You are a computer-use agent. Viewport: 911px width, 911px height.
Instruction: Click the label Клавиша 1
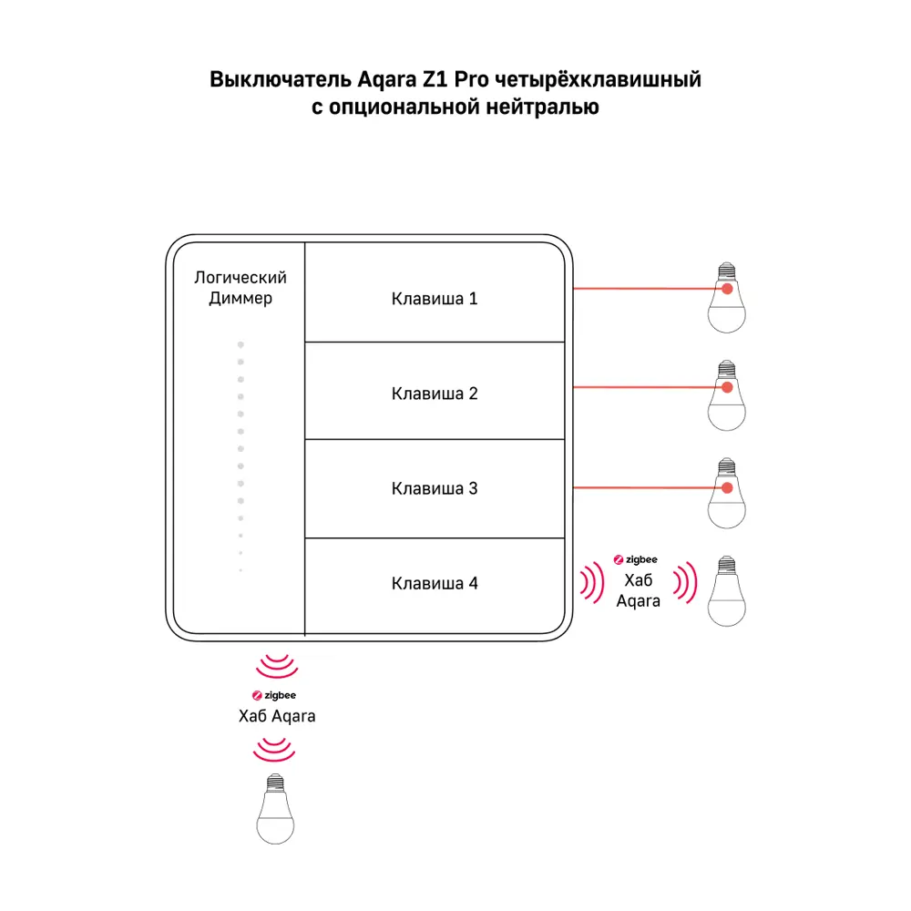click(434, 299)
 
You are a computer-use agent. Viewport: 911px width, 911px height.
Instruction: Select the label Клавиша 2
click(434, 394)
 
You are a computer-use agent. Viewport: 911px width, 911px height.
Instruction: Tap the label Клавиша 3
click(434, 488)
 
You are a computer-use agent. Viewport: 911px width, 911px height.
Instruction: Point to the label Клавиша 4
click(434, 583)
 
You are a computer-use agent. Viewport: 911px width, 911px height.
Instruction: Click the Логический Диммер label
click(241, 288)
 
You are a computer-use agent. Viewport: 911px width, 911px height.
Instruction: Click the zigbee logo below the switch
click(276, 696)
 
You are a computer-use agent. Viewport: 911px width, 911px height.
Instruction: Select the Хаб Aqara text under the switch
click(276, 716)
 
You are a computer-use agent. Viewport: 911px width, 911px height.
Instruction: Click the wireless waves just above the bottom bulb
click(274, 751)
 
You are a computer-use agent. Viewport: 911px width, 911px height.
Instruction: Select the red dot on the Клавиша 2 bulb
click(727, 387)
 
